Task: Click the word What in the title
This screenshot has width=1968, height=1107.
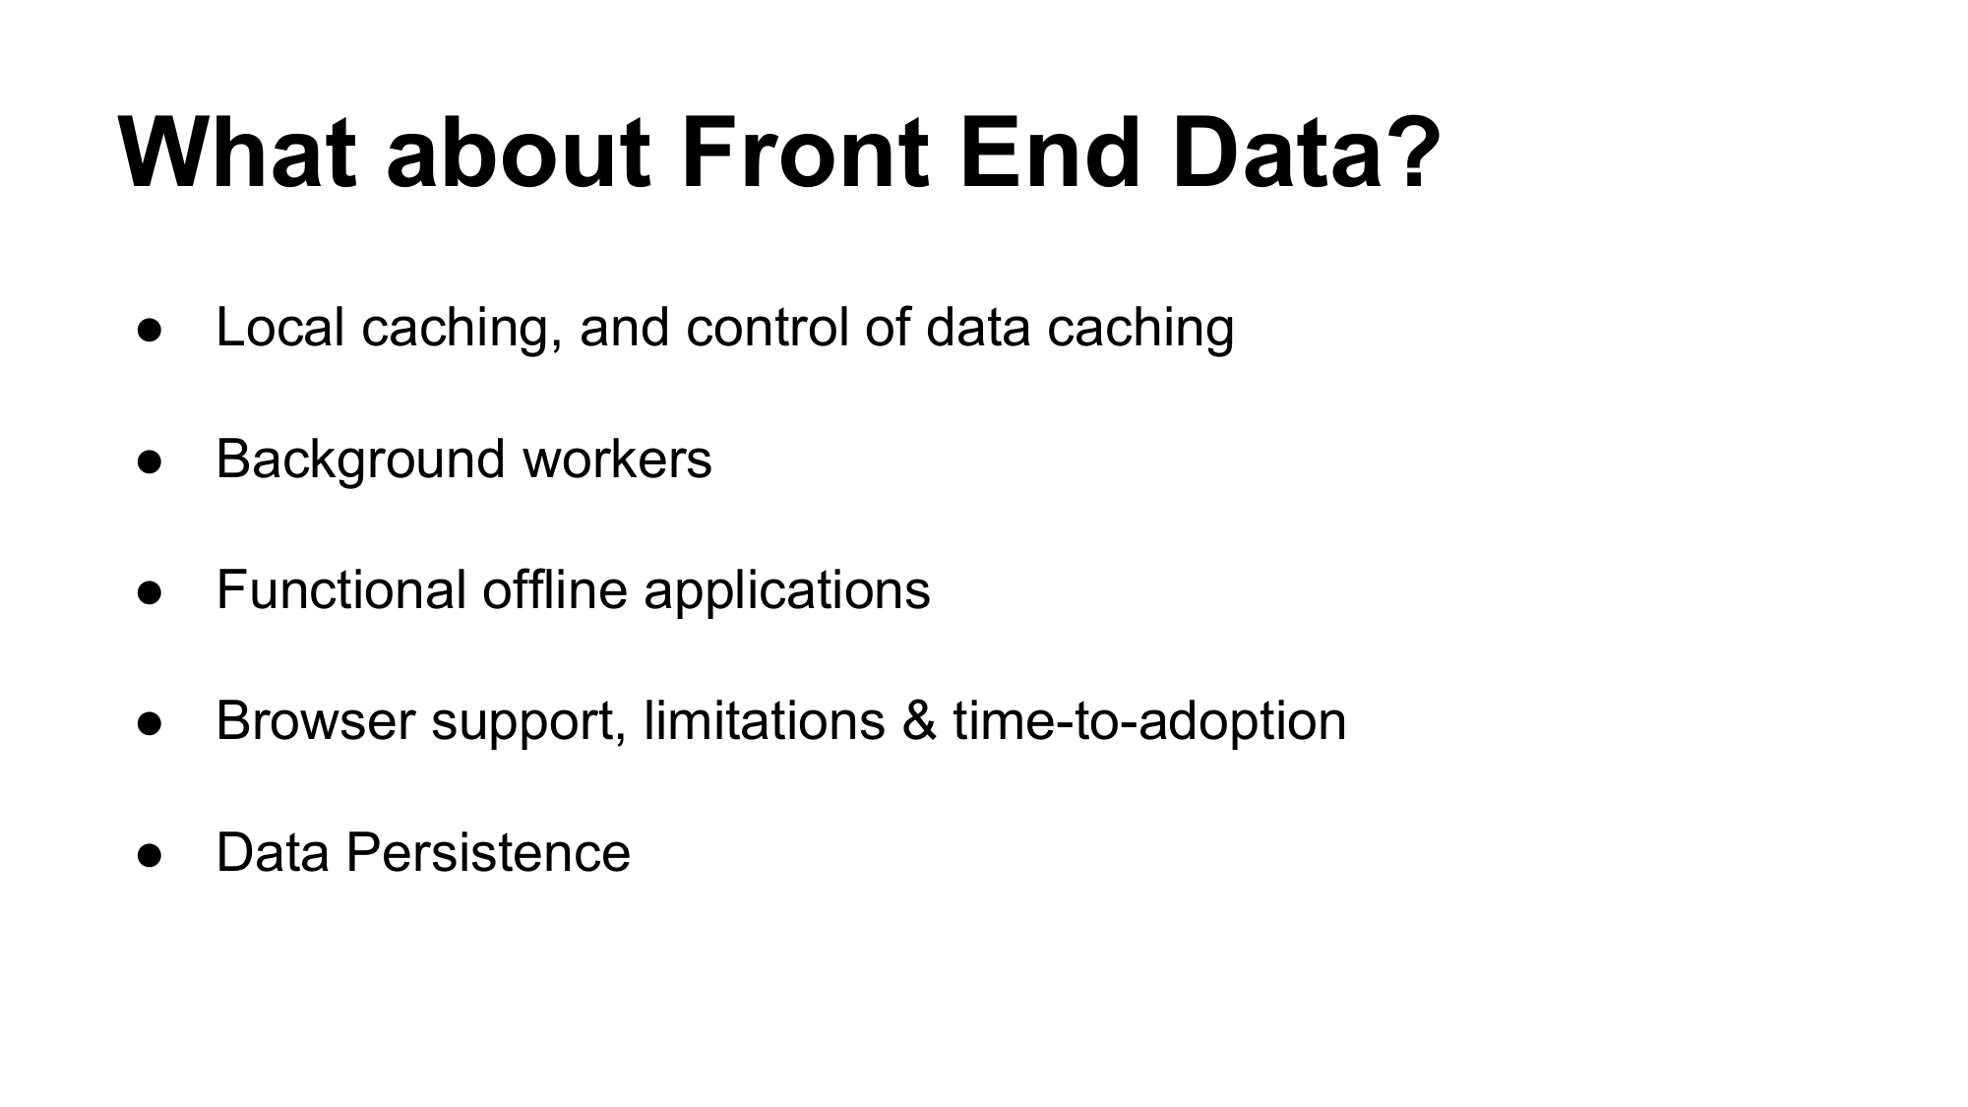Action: click(x=237, y=154)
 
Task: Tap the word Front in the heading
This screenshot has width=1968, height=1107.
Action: click(x=804, y=154)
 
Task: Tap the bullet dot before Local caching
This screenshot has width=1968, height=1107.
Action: click(x=150, y=331)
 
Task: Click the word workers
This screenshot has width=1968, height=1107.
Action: click(x=617, y=459)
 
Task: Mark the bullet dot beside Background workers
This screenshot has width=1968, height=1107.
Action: click(x=150, y=461)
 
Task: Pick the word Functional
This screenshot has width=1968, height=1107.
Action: click(x=341, y=589)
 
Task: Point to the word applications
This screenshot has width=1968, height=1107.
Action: click(x=787, y=591)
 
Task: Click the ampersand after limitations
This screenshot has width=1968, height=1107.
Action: click(x=919, y=720)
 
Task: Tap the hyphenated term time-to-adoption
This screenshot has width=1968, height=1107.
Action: click(x=1149, y=722)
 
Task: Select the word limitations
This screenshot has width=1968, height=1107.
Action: click(x=765, y=720)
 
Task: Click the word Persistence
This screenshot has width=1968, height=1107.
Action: click(x=488, y=852)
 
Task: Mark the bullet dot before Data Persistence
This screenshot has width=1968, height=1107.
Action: click(x=150, y=855)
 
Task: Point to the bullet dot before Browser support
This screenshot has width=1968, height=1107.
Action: click(x=150, y=724)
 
